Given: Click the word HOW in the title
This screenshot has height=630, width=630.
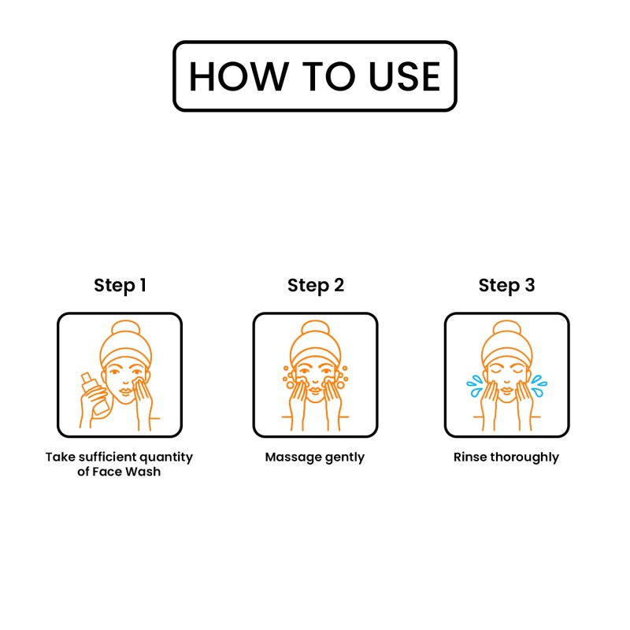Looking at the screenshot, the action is click(x=239, y=76).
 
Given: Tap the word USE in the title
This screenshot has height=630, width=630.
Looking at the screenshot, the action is click(x=404, y=76).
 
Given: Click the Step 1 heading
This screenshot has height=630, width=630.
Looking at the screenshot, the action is click(x=120, y=286).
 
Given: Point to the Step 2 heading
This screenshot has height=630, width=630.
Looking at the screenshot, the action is click(x=316, y=286).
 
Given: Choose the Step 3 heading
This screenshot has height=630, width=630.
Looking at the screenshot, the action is click(x=506, y=286).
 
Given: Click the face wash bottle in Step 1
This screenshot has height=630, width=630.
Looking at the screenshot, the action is click(x=94, y=395).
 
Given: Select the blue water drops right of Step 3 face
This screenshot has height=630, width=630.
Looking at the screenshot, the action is click(x=539, y=386).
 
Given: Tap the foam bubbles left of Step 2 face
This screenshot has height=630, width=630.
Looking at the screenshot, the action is click(x=289, y=378).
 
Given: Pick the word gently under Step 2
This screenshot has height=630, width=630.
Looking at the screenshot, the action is click(x=345, y=458).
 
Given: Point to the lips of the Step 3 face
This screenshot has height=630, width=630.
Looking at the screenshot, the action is click(x=506, y=390).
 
